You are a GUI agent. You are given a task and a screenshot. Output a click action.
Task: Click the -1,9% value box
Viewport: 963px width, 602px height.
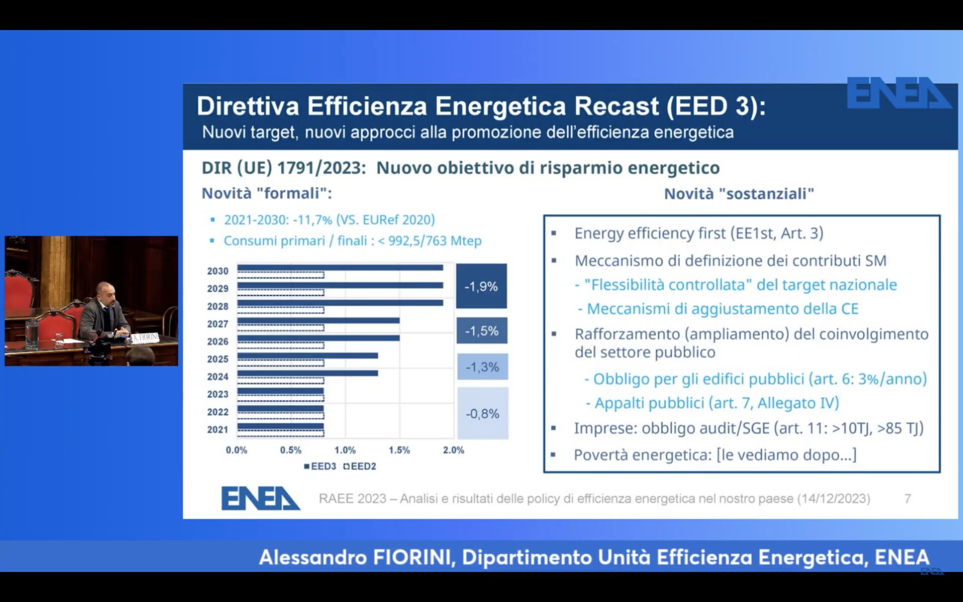(x=481, y=286)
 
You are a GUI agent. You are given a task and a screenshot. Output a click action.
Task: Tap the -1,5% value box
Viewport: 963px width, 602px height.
(x=481, y=331)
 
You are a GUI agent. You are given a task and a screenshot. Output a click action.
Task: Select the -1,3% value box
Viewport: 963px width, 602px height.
(x=482, y=367)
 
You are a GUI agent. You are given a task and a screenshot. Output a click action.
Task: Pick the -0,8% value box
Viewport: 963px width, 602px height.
(x=483, y=413)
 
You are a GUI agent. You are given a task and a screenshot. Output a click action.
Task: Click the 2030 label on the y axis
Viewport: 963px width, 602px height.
(x=218, y=271)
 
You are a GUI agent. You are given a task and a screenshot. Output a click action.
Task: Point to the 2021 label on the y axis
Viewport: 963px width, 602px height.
(x=218, y=429)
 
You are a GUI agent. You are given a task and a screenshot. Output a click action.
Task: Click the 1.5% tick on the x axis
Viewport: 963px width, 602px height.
(x=399, y=450)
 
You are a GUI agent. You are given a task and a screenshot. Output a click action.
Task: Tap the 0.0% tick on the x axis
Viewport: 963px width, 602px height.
(x=236, y=450)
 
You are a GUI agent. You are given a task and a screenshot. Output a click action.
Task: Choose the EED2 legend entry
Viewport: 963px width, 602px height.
(x=360, y=467)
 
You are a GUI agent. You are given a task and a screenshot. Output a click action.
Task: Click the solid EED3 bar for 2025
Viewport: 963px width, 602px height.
(x=307, y=356)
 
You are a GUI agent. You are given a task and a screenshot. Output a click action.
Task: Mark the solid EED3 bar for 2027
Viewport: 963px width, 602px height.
(x=318, y=321)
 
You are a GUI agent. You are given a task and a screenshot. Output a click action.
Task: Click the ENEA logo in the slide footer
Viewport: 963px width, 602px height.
(x=260, y=498)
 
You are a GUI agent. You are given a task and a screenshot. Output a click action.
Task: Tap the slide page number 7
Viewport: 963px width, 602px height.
(x=907, y=499)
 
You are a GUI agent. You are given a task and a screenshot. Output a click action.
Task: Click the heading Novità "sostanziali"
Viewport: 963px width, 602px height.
(x=739, y=194)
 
